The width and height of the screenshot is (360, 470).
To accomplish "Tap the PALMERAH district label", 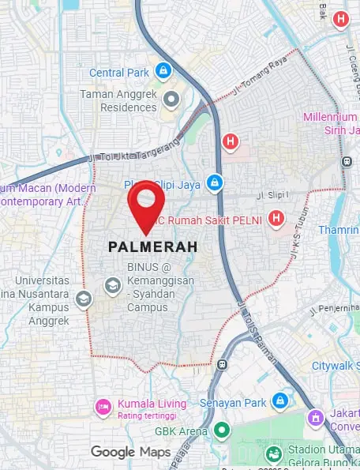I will [x=153, y=247].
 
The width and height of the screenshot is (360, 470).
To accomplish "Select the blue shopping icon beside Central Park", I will [x=163, y=72].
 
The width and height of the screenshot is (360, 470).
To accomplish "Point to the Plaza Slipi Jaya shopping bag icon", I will [x=212, y=183].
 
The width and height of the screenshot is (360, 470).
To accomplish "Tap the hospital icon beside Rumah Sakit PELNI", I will [x=276, y=218].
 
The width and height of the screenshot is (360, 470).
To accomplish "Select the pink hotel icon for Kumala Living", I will [x=102, y=406].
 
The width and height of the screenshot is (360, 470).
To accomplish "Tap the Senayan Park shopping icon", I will [x=279, y=400].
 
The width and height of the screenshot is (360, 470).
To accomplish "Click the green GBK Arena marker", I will [x=222, y=431].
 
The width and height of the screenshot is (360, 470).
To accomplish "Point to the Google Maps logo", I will [x=130, y=452].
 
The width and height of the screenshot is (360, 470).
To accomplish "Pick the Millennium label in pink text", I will [x=331, y=117].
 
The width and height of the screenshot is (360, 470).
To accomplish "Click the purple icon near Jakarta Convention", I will [x=315, y=416].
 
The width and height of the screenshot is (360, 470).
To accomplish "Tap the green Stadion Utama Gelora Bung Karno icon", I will [x=273, y=454].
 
